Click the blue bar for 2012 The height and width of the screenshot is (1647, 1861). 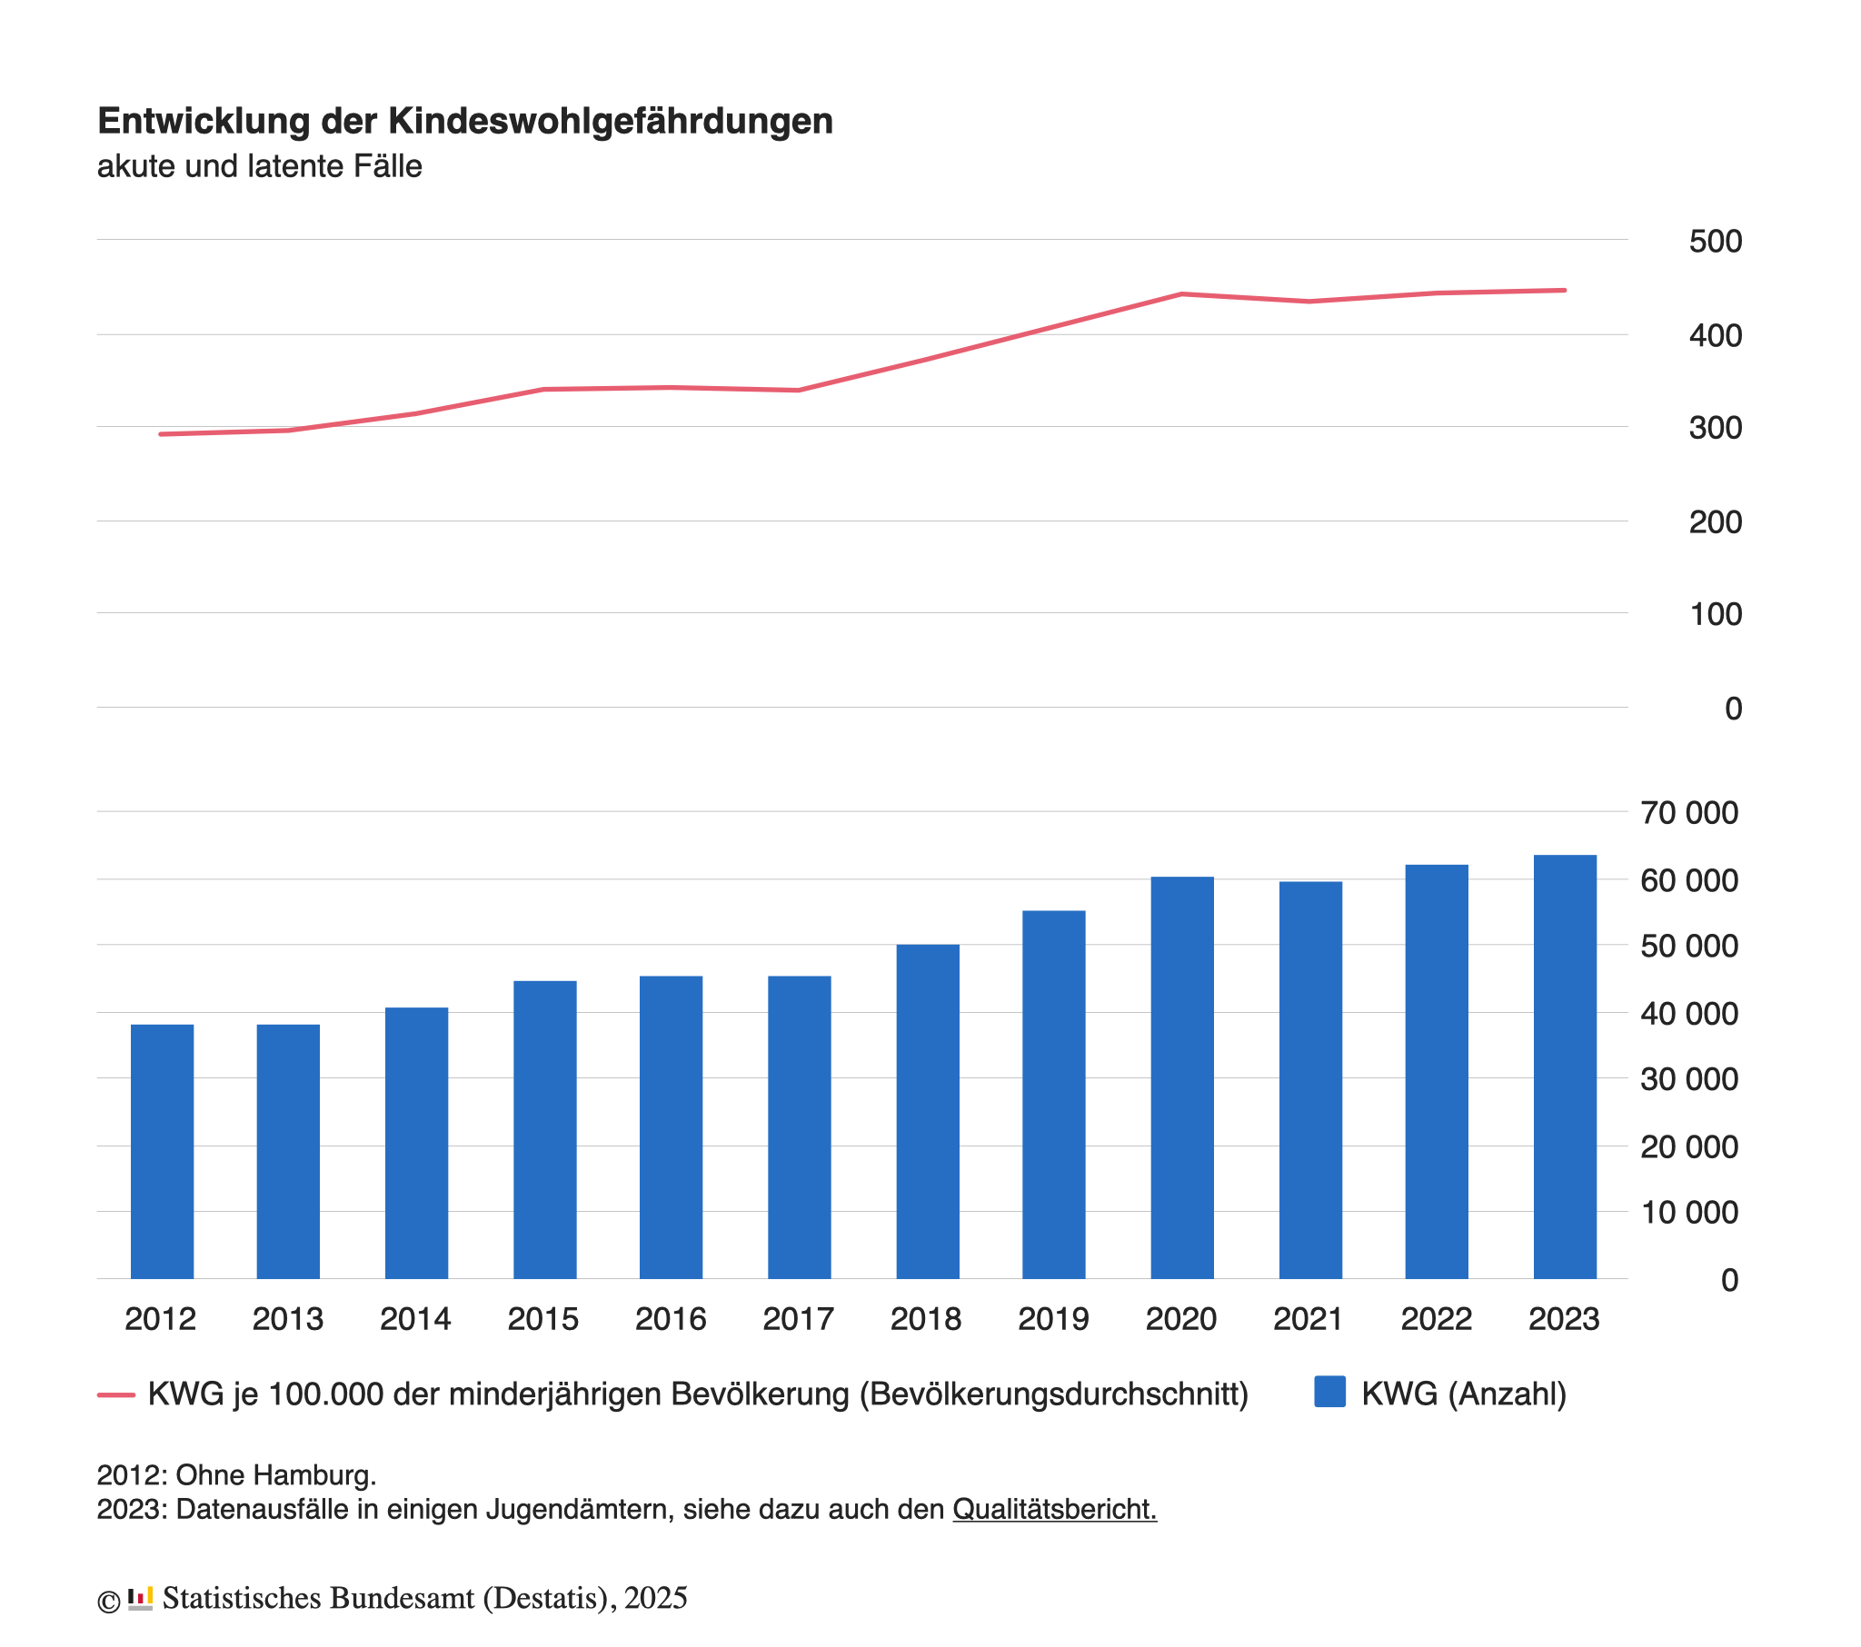pos(162,1152)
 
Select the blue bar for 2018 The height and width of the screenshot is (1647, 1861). pos(928,1112)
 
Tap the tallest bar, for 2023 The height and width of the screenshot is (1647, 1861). pos(1565,1067)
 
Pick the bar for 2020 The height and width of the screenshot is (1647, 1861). pos(1182,1078)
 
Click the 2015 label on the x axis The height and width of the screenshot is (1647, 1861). pos(542,1319)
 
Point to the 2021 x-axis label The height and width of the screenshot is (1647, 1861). pos(1309,1319)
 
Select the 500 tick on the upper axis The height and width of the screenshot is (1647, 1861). pos(1716,242)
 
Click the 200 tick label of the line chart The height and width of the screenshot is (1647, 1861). pos(1716,522)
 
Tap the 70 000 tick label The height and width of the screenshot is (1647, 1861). pos(1689,813)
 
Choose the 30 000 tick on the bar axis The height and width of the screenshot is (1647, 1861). pos(1689,1080)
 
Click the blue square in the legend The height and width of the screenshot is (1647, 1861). pos(1330,1393)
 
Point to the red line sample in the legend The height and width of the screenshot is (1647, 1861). pos(116,1394)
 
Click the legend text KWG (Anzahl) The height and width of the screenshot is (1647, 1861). pos(1464,1394)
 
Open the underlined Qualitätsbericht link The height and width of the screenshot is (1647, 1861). pos(1054,1510)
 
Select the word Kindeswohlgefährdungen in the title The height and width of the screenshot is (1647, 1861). pos(611,121)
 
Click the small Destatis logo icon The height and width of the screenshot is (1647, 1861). pos(140,1599)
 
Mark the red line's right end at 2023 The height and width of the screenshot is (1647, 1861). pos(1564,291)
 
